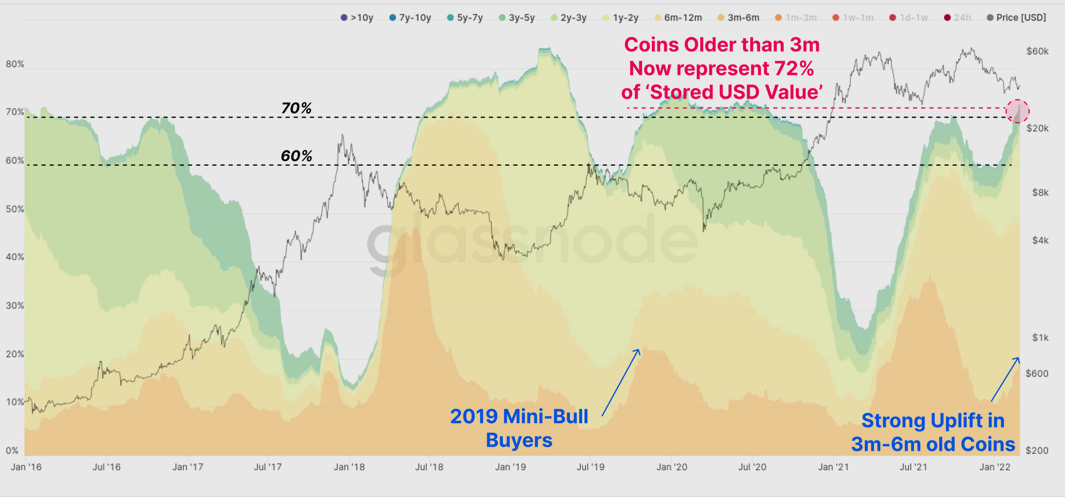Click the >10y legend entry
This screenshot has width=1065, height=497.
click(x=357, y=18)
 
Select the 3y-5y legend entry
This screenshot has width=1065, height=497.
click(x=516, y=18)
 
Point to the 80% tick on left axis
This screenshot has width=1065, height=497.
click(x=15, y=64)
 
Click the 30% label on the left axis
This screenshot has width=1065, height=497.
click(x=15, y=306)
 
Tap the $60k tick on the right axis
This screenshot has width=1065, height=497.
click(x=1037, y=51)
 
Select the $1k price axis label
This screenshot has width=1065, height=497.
click(x=1040, y=338)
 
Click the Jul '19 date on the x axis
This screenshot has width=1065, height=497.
click(x=590, y=467)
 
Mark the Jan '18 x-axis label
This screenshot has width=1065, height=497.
click(x=349, y=467)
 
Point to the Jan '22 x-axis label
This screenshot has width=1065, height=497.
click(x=994, y=467)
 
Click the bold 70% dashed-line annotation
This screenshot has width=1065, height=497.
click(x=296, y=108)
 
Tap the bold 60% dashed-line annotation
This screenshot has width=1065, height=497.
click(x=296, y=156)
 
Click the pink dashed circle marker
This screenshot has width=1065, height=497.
click(x=1017, y=111)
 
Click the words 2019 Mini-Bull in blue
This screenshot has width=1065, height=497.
click(x=519, y=416)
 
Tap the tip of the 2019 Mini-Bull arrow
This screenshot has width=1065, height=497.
click(x=639, y=349)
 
